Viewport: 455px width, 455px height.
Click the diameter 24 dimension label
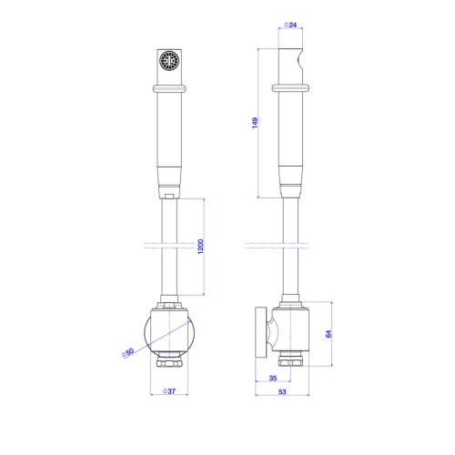coord(290,25)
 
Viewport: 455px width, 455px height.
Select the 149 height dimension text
coord(255,123)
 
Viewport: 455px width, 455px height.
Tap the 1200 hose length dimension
coord(200,247)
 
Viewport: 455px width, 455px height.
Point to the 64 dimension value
coord(329,334)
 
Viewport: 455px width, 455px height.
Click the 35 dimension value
coord(273,378)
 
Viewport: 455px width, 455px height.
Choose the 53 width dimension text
coord(282,391)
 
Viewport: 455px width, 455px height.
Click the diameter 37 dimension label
coord(169,391)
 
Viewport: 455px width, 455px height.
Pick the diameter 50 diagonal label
coord(127,353)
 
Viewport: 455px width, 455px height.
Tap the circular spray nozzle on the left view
coord(169,61)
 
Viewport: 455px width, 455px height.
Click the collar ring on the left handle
coord(169,88)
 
